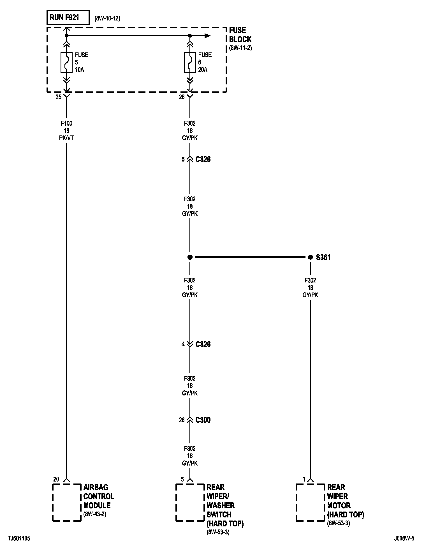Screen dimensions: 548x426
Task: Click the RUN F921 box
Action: tap(68, 18)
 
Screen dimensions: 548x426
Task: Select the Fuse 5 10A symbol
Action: tap(66, 62)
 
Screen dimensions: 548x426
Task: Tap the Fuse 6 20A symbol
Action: tap(190, 62)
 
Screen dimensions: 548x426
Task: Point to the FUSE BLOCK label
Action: tap(240, 35)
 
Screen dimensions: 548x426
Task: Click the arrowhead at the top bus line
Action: tap(207, 36)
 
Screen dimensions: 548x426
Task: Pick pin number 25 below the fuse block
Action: tap(58, 97)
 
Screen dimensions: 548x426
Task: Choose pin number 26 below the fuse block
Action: tap(182, 97)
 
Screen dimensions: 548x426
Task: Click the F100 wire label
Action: tap(66, 123)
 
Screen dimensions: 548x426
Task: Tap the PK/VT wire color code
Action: tap(66, 138)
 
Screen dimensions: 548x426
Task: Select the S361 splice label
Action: tap(323, 257)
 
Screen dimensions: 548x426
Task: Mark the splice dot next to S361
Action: tap(310, 257)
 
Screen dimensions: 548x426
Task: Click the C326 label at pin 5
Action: tap(203, 159)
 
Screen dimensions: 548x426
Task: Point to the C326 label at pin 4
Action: tap(203, 344)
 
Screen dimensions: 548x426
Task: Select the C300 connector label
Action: tap(203, 420)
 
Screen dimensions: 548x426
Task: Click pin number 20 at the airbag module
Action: tap(56, 479)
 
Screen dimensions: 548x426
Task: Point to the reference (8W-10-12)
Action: tap(107, 19)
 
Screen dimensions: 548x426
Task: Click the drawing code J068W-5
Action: tap(404, 538)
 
